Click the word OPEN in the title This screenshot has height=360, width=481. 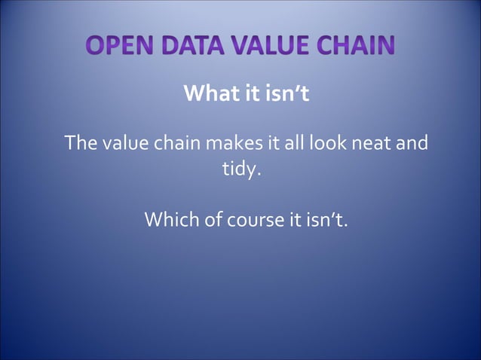[x=121, y=46]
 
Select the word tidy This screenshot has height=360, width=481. [x=240, y=169]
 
